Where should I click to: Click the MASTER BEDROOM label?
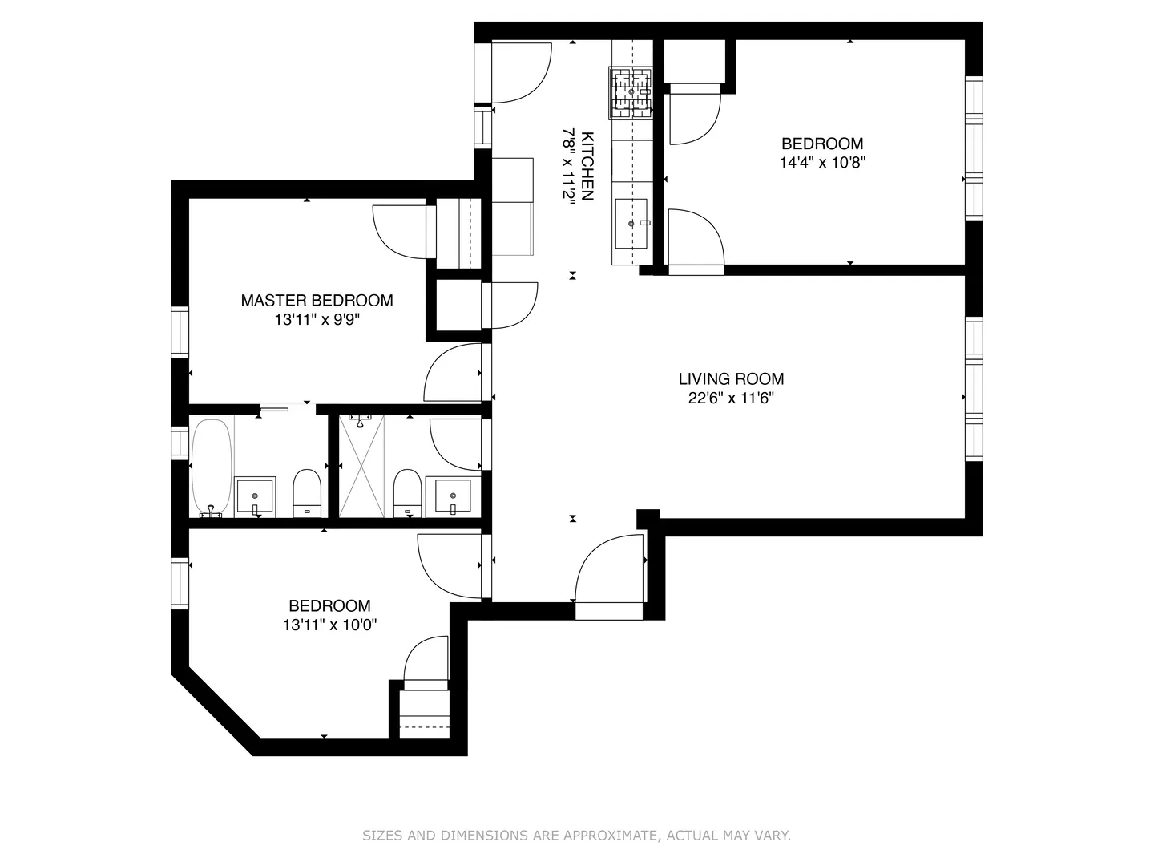click(x=317, y=300)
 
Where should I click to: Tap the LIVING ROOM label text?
click(x=731, y=378)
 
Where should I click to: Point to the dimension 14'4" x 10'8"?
click(x=822, y=162)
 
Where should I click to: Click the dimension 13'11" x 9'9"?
click(x=317, y=319)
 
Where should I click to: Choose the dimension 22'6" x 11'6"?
click(x=731, y=398)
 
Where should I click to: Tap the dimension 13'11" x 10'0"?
click(x=329, y=625)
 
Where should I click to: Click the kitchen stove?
click(x=631, y=92)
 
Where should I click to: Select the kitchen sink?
click(x=631, y=224)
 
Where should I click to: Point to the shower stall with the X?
click(x=361, y=466)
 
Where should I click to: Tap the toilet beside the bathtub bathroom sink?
click(x=306, y=492)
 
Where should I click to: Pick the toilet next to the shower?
click(x=407, y=492)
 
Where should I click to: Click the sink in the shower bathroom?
click(x=454, y=496)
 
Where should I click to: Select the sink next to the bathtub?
click(x=255, y=496)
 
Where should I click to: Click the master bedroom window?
click(x=180, y=332)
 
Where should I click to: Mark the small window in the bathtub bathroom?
click(x=180, y=442)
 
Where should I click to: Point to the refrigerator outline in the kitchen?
click(x=513, y=207)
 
